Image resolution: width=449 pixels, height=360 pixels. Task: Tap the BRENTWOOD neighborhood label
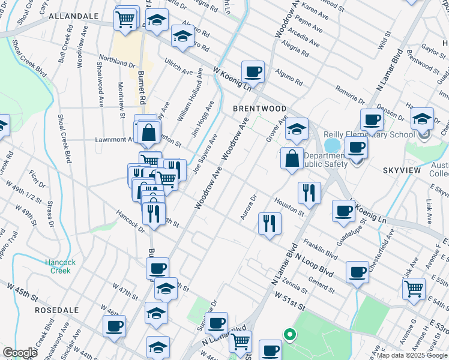(x=259, y=109)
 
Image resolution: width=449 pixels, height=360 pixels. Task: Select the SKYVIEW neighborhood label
(x=400, y=171)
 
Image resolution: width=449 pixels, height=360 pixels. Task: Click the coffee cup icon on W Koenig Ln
(x=253, y=71)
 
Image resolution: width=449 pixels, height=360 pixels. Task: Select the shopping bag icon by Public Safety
(x=291, y=159)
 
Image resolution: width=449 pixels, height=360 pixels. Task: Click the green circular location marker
(x=289, y=334)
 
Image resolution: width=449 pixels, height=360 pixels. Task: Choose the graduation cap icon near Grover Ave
(x=296, y=128)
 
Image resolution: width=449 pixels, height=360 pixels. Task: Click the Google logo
(x=19, y=353)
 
